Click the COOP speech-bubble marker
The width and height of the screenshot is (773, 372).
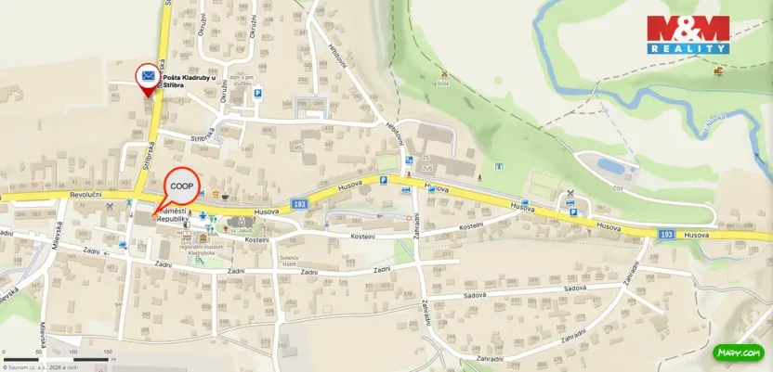pyautogui.click(x=182, y=186)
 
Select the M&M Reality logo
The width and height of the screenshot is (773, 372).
pyautogui.click(x=688, y=34)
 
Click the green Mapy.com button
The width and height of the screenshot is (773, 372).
pyautogui.click(x=739, y=353)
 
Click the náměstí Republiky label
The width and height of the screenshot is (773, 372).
pyautogui.click(x=173, y=217)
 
